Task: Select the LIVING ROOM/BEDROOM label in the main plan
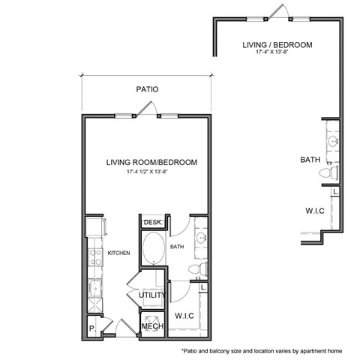tap(151, 162)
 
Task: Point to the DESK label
tap(153, 223)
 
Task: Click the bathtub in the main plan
tap(154, 247)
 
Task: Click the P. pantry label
tap(91, 328)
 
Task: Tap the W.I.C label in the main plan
tap(184, 316)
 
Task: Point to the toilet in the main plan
tap(196, 269)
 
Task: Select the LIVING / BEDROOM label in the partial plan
tap(277, 45)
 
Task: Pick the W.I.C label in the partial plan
tap(314, 211)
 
